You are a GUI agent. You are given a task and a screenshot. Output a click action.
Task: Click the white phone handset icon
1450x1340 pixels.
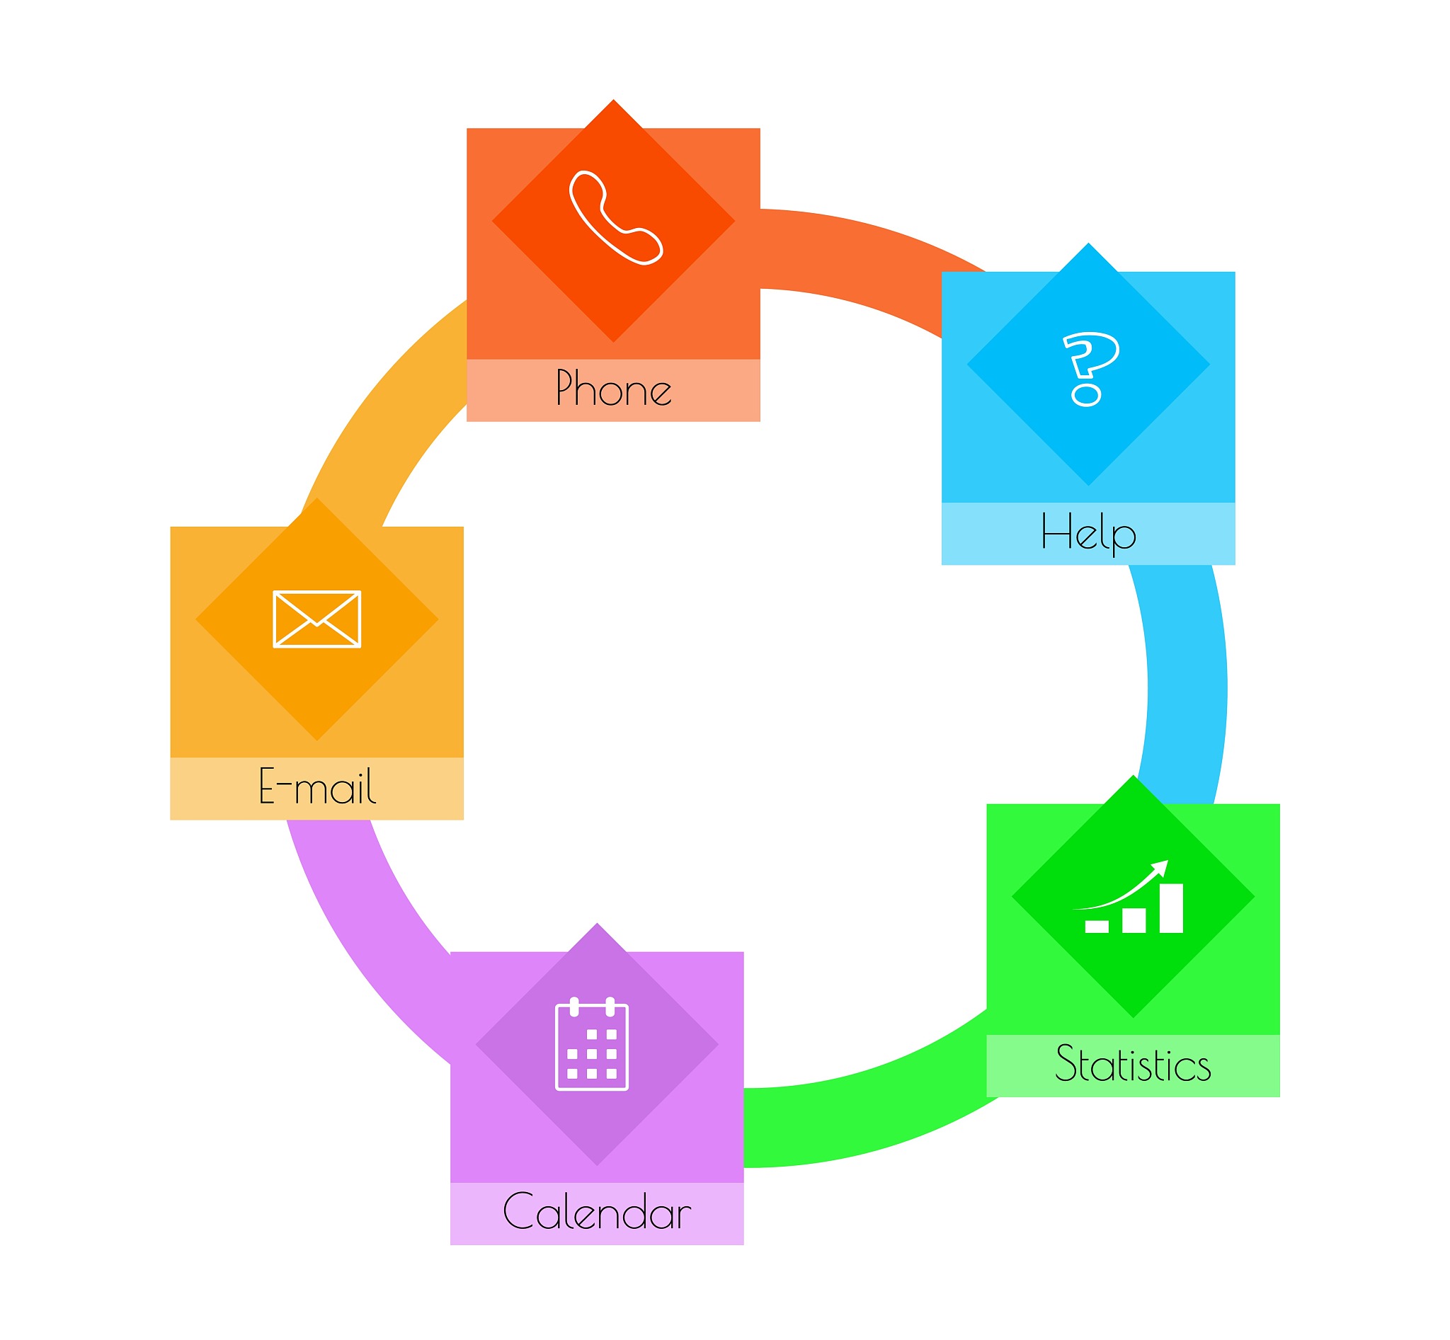615,217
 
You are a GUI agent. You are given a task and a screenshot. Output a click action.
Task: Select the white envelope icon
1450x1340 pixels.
317,619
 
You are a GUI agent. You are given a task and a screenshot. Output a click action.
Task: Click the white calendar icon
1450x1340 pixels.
592,1044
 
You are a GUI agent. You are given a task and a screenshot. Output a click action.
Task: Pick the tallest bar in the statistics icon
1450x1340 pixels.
1172,907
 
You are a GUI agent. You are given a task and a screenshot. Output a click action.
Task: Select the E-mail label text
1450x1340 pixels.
317,786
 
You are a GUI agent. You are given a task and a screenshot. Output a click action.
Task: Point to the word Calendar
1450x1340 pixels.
597,1212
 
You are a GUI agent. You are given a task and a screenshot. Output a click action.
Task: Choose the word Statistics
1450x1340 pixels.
1133,1064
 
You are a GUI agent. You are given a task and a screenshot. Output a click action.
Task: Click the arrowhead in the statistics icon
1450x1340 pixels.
1160,868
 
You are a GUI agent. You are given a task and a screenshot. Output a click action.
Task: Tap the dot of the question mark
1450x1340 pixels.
1086,395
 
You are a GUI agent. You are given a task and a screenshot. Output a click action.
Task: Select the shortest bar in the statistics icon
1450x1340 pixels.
1097,926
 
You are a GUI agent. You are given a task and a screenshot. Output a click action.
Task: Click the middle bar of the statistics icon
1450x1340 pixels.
1134,920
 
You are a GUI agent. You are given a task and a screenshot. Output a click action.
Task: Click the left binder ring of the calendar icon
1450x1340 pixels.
573,1007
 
